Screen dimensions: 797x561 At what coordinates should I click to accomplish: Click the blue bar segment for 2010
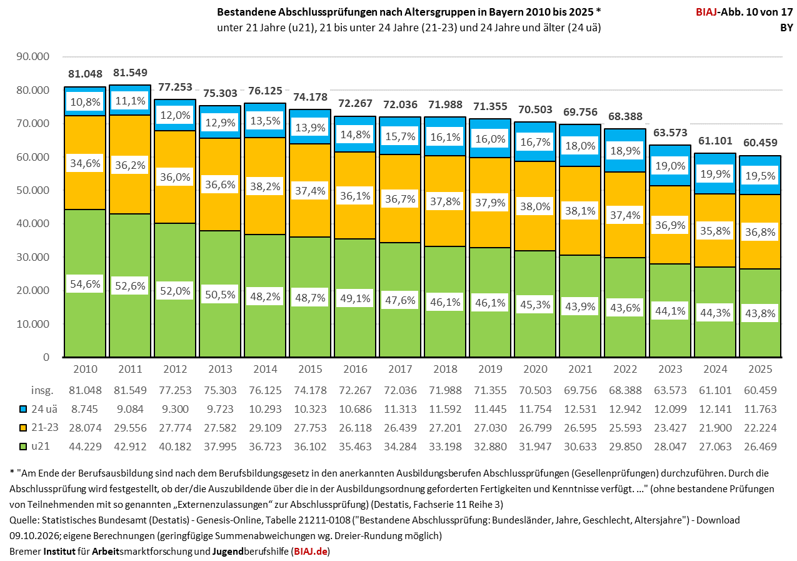tap(85, 101)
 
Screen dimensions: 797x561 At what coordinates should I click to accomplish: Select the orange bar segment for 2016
tap(355, 195)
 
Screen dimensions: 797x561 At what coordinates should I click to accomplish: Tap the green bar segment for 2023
tap(670, 310)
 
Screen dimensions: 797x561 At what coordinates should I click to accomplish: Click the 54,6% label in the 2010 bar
tap(85, 284)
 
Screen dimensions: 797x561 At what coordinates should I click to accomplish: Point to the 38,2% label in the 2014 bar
tap(265, 186)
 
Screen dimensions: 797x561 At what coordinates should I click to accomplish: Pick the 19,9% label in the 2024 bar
tap(715, 174)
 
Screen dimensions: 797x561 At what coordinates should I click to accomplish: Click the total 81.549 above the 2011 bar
tap(130, 73)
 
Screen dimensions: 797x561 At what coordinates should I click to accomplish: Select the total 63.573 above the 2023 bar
tap(670, 133)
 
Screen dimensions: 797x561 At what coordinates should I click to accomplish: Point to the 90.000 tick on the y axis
tap(33, 56)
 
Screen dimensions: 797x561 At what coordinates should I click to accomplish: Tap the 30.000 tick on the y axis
tap(33, 257)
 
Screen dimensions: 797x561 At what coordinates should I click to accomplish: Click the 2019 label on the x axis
tap(490, 369)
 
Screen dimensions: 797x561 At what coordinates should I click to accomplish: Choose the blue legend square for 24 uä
tap(23, 410)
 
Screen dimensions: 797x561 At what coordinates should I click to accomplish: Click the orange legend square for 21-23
tap(23, 428)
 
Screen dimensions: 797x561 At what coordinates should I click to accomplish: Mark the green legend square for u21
tap(23, 447)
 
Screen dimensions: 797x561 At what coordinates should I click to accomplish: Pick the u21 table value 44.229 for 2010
tap(85, 447)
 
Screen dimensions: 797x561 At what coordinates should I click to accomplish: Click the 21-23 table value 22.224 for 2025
tap(760, 428)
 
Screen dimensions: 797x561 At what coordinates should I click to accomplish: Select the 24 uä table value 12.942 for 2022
tap(625, 410)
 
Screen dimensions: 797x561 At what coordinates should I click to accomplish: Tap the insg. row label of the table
tap(42, 390)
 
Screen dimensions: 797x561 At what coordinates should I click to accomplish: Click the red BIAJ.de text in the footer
tap(311, 552)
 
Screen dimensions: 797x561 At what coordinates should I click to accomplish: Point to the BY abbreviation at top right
tap(786, 28)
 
